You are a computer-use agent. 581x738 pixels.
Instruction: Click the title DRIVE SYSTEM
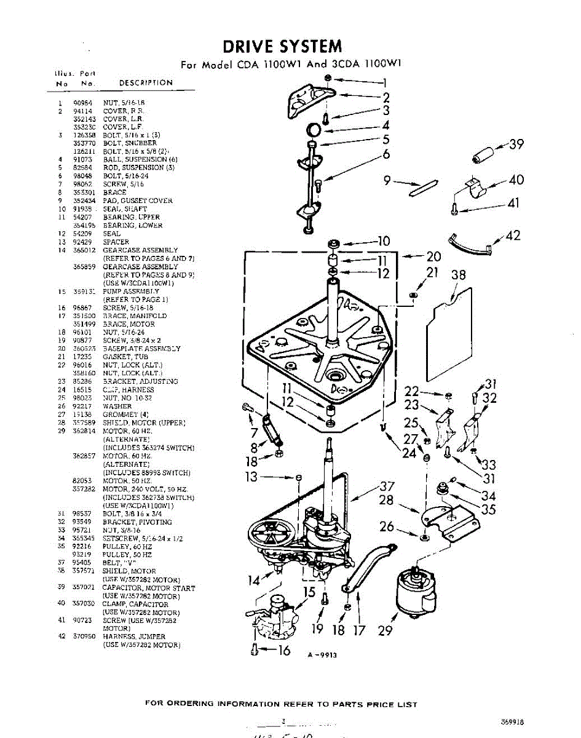click(282, 46)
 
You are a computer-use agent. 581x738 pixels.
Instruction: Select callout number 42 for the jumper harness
click(513, 236)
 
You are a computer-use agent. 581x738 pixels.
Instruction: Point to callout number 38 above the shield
click(459, 275)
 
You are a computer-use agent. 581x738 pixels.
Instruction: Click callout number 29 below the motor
click(385, 630)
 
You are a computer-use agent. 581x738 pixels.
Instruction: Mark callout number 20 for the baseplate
click(434, 256)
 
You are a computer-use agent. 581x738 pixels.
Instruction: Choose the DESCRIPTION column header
click(146, 82)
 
